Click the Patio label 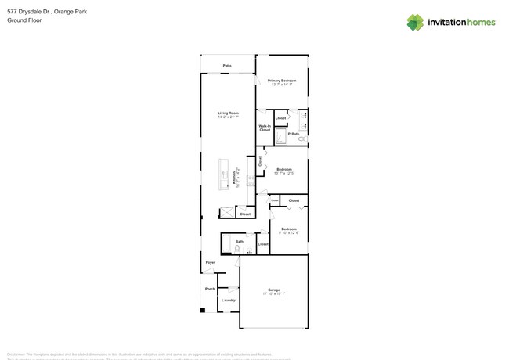pos(227,66)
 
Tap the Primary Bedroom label pos(282,81)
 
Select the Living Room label pos(229,113)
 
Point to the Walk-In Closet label pos(265,128)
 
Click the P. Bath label pos(294,135)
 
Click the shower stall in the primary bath pos(280,137)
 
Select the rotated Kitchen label pos(235,178)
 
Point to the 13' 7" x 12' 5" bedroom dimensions pos(283,173)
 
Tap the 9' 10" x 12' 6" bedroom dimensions pos(289,233)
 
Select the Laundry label pos(228,300)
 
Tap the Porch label pos(210,289)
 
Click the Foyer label pos(210,262)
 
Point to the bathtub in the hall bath pos(226,247)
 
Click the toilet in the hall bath pos(237,248)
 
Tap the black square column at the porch pos(203,311)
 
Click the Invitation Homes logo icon pos(415,22)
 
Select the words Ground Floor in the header pos(25,20)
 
